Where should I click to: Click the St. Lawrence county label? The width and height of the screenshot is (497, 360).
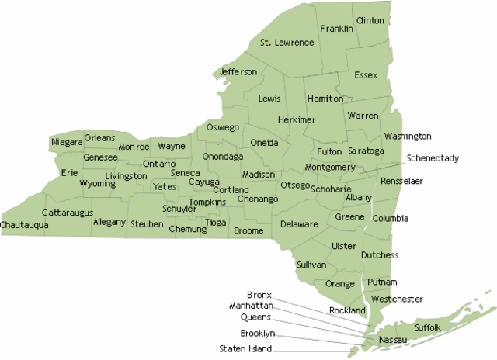pyautogui.click(x=287, y=42)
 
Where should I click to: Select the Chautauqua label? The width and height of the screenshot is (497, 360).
pyautogui.click(x=24, y=225)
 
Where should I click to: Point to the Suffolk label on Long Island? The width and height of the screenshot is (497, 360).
pyautogui.click(x=428, y=327)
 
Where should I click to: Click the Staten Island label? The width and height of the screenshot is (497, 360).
pyautogui.click(x=245, y=349)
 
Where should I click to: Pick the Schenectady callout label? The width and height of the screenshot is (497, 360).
pyautogui.click(x=433, y=158)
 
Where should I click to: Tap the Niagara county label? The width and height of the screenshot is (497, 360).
pyautogui.click(x=67, y=142)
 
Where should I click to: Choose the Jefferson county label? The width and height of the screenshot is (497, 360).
pyautogui.click(x=238, y=72)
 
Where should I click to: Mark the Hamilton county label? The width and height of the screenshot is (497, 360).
pyautogui.click(x=325, y=99)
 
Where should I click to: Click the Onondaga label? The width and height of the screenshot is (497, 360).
pyautogui.click(x=223, y=157)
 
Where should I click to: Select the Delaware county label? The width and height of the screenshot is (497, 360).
pyautogui.click(x=299, y=224)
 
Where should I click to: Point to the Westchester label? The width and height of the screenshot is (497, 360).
pyautogui.click(x=397, y=299)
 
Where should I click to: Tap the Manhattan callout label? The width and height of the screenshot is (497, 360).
pyautogui.click(x=251, y=306)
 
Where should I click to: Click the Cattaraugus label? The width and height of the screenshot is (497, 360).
pyautogui.click(x=68, y=212)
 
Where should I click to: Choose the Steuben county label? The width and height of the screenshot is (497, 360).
pyautogui.click(x=147, y=224)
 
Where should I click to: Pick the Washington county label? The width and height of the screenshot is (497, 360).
pyautogui.click(x=408, y=137)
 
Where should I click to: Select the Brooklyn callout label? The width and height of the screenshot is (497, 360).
pyautogui.click(x=256, y=333)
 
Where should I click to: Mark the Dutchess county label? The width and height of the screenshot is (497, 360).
pyautogui.click(x=380, y=255)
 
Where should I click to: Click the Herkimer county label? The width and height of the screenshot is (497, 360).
pyautogui.click(x=297, y=120)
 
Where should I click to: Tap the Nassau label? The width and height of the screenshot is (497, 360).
pyautogui.click(x=391, y=341)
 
